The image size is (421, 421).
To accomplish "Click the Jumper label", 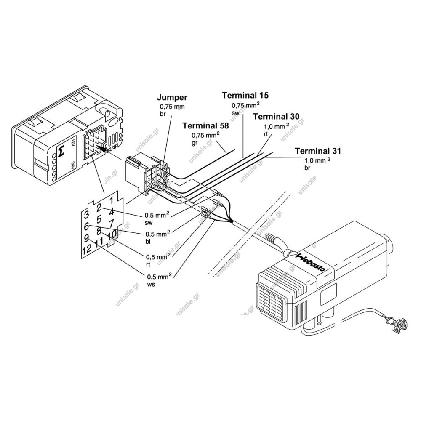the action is tap(172, 97).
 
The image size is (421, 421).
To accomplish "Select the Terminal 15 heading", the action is tap(245, 95).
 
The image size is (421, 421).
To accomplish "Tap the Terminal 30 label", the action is tap(276, 117).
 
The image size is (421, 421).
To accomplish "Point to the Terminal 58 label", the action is tap(206, 125).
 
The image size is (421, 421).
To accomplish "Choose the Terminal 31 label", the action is tap(318, 151).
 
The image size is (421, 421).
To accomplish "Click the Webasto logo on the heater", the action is tap(310, 262).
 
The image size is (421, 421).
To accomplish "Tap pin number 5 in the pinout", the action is tap(99, 219).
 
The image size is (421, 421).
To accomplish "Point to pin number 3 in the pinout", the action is tap(86, 215).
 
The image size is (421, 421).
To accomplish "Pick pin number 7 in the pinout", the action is tap(112, 223).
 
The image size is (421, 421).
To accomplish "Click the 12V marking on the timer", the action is tap(72, 143).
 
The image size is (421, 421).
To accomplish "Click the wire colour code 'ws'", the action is tap(151, 284).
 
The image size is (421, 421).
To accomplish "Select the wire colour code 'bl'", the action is tap(148, 241).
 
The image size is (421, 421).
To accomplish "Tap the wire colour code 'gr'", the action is tap(195, 143).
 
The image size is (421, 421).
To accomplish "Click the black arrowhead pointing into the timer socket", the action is tap(100, 147).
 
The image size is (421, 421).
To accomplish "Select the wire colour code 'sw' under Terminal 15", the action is tap(235, 113).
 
